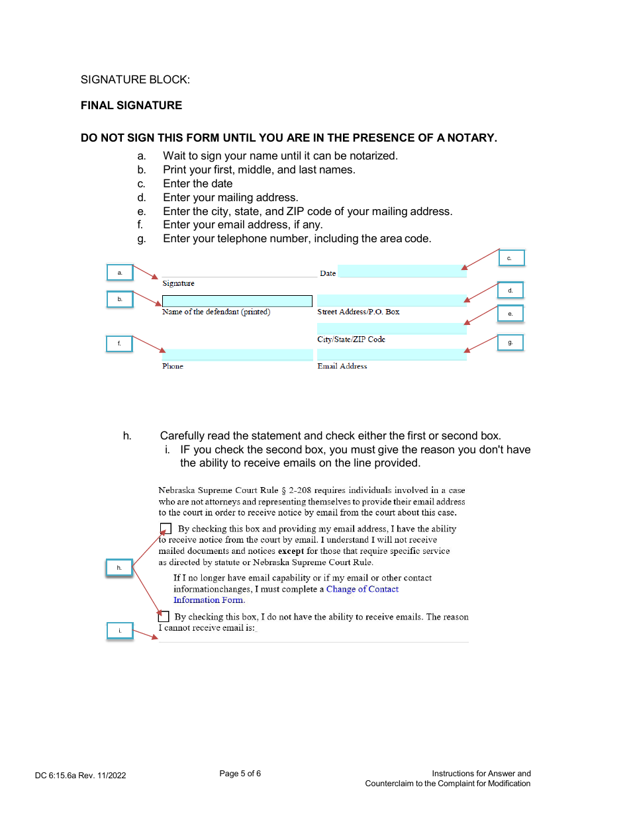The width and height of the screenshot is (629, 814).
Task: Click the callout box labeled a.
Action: point(120,273)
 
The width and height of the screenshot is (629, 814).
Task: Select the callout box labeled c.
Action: point(510,258)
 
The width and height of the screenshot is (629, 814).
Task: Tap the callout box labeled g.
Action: point(510,343)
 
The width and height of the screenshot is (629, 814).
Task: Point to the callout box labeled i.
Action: point(120,631)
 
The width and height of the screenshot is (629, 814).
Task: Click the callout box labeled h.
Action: point(119,568)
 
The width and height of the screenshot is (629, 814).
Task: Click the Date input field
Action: point(401,271)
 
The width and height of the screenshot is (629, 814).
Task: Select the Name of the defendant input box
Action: point(237,301)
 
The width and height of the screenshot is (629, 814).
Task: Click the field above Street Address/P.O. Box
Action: point(391,300)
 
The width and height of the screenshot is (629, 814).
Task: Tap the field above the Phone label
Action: point(237,355)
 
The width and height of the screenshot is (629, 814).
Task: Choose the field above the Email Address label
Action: point(391,355)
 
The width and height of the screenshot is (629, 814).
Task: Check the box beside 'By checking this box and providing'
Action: point(166,528)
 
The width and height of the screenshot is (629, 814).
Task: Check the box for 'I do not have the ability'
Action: point(164,616)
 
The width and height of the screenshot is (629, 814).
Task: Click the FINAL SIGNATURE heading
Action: point(131,105)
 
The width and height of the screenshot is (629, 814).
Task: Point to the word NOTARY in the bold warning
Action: point(471,138)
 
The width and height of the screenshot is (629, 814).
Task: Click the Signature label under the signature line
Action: point(178,283)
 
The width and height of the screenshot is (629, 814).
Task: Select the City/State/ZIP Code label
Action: point(351,339)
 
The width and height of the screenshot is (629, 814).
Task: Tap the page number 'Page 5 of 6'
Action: point(240,774)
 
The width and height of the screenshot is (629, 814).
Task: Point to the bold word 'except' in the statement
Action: point(291,551)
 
